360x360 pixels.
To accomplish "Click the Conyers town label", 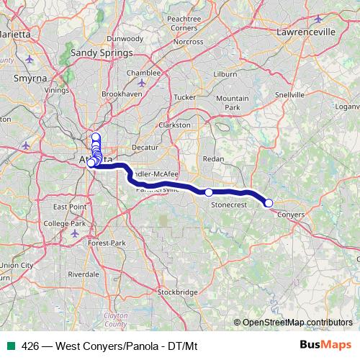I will (290, 215).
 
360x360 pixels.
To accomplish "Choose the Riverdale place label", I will (84, 274).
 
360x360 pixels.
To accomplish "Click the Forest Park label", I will (107, 243).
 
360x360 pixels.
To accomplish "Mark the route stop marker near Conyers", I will (269, 203).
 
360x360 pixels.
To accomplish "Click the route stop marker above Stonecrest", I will (209, 192).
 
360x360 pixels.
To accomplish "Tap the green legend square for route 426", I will (9, 344).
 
